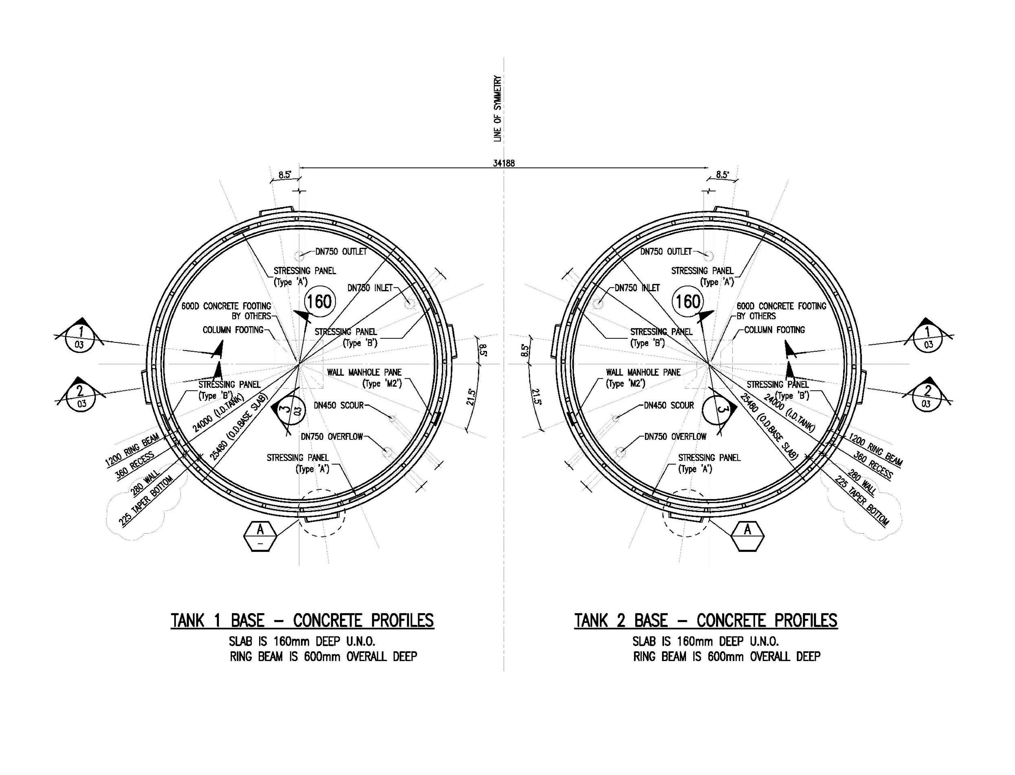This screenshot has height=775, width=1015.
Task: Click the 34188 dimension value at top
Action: (504, 163)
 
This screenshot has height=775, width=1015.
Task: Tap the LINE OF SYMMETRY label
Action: (498, 109)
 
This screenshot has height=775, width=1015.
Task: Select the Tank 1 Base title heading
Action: (302, 620)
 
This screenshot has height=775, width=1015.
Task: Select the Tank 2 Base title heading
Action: (706, 620)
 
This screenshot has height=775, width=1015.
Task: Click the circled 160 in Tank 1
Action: (319, 302)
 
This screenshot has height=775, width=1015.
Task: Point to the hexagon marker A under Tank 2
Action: (747, 536)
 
